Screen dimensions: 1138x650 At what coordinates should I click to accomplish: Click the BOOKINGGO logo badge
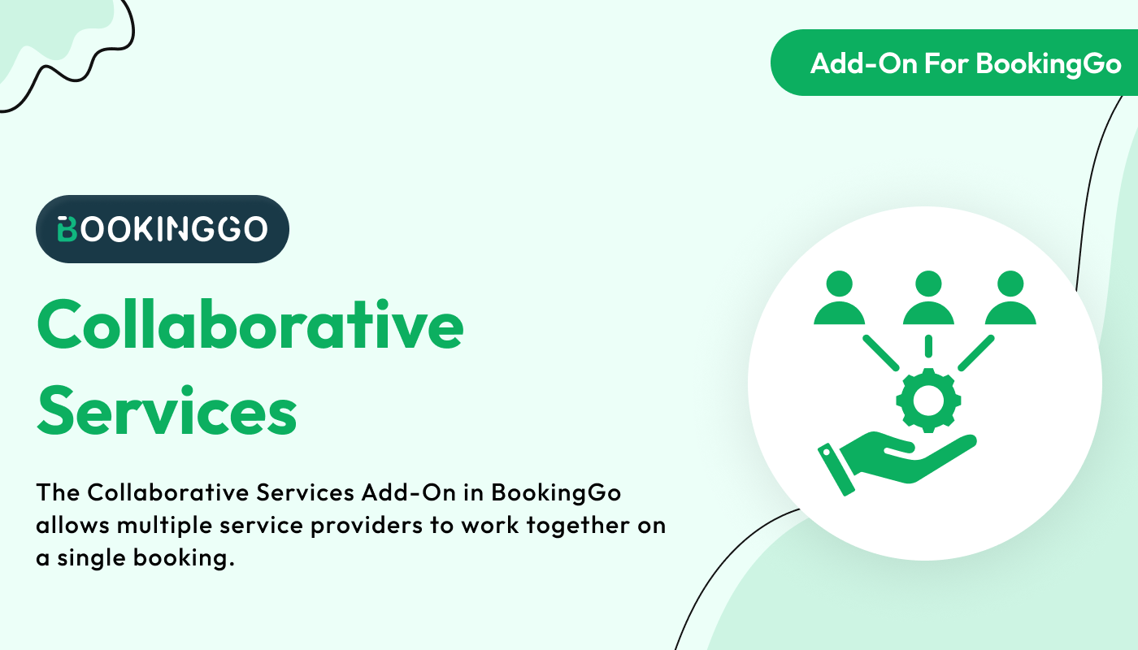click(163, 229)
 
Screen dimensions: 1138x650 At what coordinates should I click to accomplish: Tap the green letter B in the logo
click(67, 229)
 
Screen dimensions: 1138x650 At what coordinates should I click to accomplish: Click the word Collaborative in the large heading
click(250, 324)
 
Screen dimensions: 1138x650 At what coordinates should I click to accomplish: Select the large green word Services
click(167, 411)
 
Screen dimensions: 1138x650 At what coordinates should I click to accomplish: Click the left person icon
click(839, 297)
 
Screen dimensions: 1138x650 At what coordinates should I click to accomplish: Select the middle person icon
click(928, 297)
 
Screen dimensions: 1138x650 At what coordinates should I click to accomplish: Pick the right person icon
click(1010, 297)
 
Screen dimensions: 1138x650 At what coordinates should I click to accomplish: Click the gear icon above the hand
click(928, 401)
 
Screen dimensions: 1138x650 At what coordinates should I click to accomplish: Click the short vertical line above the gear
click(928, 346)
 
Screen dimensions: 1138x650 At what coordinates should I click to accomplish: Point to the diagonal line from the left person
click(881, 353)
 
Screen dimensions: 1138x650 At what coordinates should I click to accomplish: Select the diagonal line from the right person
click(976, 353)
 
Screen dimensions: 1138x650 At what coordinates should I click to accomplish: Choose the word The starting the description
click(58, 492)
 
